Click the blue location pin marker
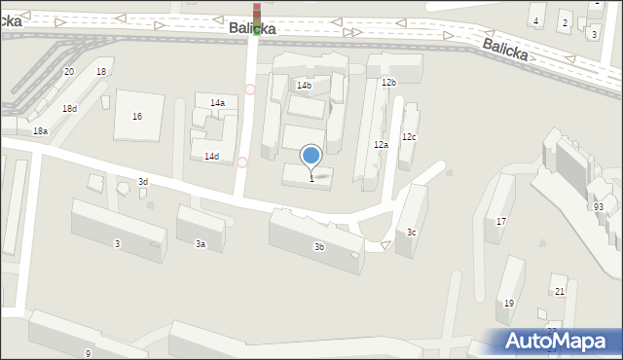311,156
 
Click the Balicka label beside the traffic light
252,29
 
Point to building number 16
137,117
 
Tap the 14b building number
304,86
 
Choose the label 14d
211,157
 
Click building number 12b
388,83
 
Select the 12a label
381,145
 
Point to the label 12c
409,137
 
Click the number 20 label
68,72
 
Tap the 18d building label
69,109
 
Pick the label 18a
40,131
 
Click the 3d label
142,182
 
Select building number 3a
201,244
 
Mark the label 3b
318,247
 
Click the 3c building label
412,233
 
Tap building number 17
501,222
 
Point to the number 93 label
598,207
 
